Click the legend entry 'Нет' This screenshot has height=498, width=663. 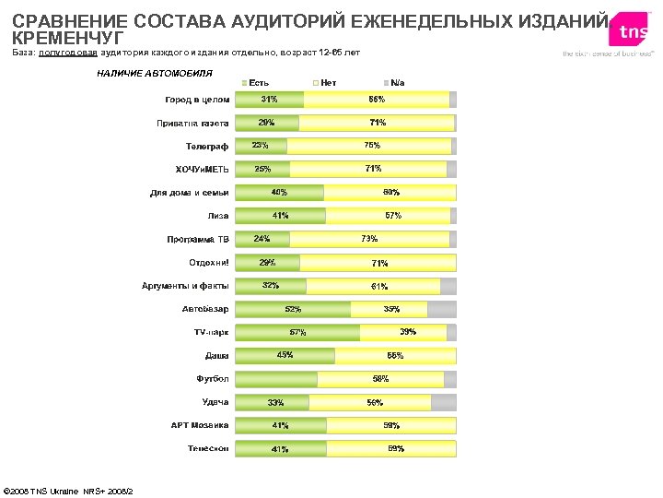click(328, 83)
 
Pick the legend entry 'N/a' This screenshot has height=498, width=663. click(397, 83)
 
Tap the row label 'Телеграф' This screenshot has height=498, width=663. click(207, 146)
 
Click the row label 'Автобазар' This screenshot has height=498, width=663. click(205, 308)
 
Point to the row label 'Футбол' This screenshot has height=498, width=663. click(212, 378)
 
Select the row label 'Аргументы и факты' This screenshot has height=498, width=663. click(185, 285)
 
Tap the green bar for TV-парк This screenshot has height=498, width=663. click(297, 332)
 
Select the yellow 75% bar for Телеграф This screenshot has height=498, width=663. click(368, 146)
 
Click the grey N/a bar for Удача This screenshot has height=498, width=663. click(444, 402)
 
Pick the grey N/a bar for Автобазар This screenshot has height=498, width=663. click(442, 309)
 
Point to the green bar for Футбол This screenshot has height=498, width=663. click(276, 379)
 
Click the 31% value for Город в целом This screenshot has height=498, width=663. click(270, 99)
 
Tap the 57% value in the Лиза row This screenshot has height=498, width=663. click(392, 215)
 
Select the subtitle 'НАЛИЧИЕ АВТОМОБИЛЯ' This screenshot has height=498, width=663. click(155, 72)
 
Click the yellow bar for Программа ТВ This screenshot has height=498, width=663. click(369, 239)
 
